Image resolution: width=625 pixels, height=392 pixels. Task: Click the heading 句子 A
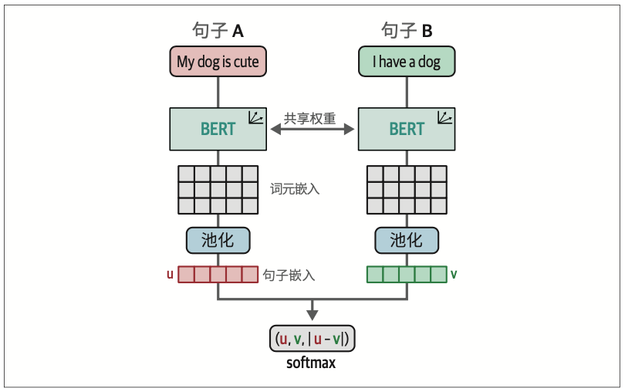click(x=218, y=30)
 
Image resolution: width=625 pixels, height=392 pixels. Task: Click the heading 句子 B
click(x=407, y=30)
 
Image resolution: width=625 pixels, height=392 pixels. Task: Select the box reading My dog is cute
click(x=218, y=61)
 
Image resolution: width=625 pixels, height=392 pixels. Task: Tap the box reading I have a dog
click(x=407, y=61)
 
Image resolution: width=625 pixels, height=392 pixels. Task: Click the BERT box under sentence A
click(x=218, y=128)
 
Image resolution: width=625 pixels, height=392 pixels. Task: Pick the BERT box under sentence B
click(x=407, y=128)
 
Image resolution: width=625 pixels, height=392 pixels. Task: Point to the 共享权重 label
click(x=312, y=118)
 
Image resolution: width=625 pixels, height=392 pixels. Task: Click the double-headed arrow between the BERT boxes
click(x=312, y=131)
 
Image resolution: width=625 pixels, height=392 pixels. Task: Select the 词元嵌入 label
click(x=295, y=188)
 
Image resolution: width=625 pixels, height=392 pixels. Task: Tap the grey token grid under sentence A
click(x=218, y=190)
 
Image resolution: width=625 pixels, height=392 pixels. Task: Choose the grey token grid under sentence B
click(x=407, y=190)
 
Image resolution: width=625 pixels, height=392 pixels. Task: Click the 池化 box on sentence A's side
click(x=218, y=240)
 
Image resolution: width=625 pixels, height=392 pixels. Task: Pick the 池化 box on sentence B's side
click(x=407, y=240)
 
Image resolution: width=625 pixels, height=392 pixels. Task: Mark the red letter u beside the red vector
click(x=170, y=274)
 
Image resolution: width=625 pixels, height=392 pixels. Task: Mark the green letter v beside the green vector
click(x=454, y=274)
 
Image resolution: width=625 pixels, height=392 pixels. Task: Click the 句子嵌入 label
click(x=289, y=275)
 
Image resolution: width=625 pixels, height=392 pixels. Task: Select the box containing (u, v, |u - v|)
click(x=312, y=339)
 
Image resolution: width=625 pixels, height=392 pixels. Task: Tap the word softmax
click(x=312, y=363)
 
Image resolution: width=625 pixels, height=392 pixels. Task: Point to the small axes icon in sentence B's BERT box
click(x=444, y=117)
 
